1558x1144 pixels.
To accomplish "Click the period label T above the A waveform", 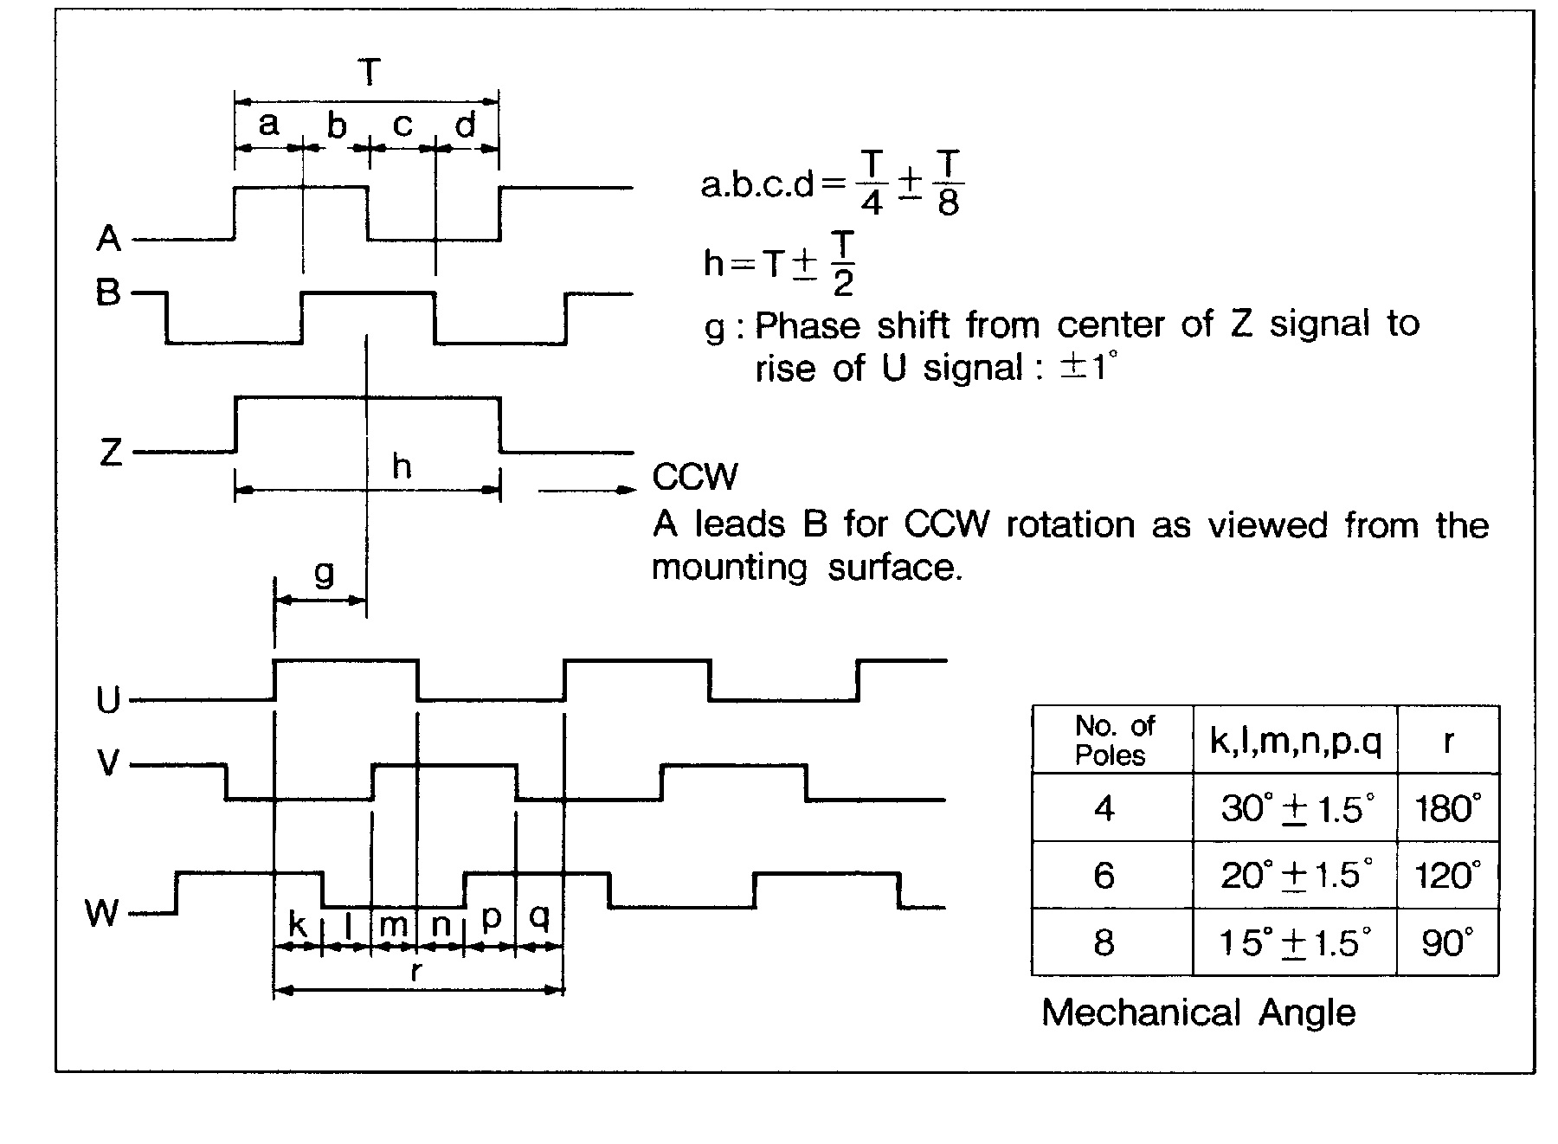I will point(370,73).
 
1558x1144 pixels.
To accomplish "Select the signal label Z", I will point(111,452).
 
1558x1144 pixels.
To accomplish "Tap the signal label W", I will point(102,912).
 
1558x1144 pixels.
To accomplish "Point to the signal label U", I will point(108,699).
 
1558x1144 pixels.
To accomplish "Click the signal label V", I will point(108,764).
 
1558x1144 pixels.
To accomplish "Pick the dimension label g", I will point(324,573).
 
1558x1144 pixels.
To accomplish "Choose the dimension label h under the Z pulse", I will point(402,467).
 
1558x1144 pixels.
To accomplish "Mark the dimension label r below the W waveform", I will point(416,971).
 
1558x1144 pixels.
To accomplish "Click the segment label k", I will point(297,924).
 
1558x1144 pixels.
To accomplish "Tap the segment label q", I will point(539,916).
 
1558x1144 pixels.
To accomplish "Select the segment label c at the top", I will point(402,125).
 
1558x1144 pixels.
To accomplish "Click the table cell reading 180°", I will point(1447,808).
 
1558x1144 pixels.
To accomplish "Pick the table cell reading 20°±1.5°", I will point(1296,875).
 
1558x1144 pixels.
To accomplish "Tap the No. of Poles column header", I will point(1112,740).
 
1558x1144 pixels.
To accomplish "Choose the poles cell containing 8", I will point(1104,942).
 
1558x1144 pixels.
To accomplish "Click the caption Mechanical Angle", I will point(1198,1012).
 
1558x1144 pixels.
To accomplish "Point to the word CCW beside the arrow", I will point(695,477).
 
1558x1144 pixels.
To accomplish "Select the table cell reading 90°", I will point(1447,942).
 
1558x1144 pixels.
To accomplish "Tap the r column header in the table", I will point(1447,740).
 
